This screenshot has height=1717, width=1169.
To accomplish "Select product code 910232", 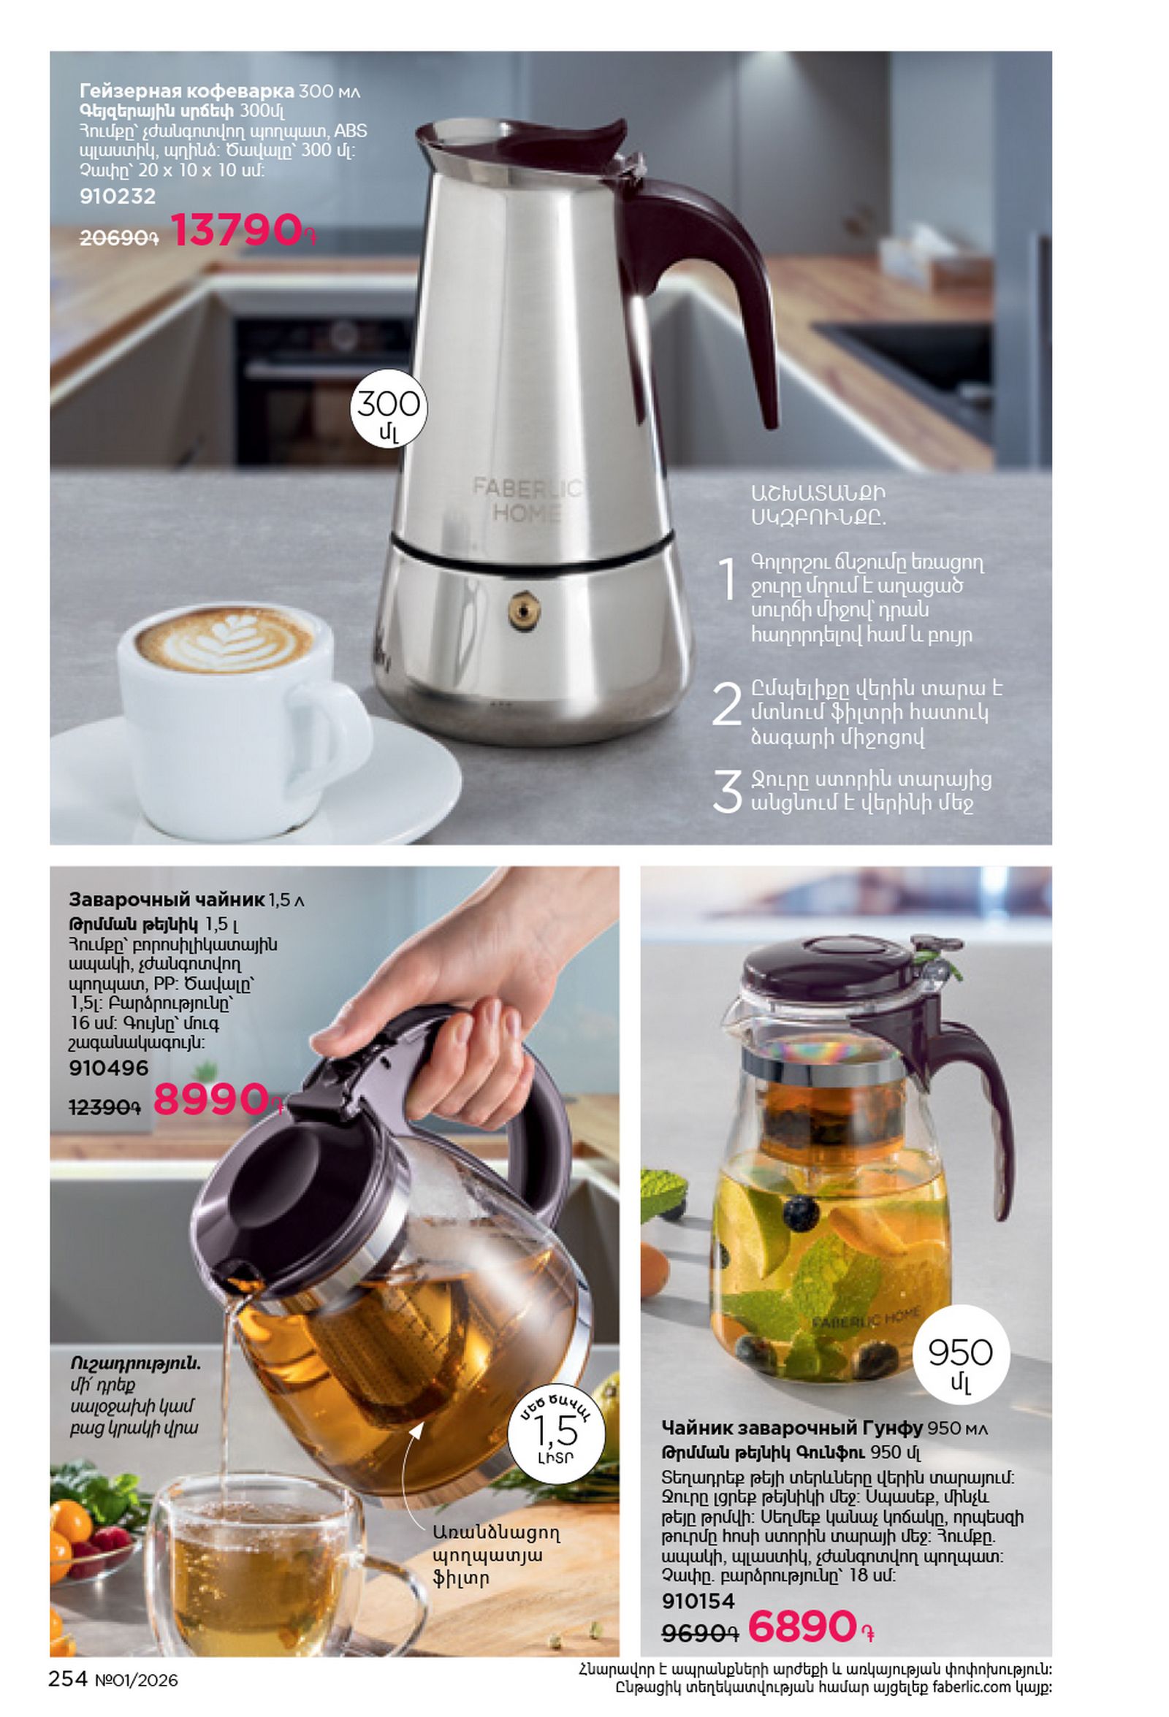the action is pyautogui.click(x=118, y=196).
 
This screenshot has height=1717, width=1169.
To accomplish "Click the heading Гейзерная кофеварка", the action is pyautogui.click(x=187, y=91).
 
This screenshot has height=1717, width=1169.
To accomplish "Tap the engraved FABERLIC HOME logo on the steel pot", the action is pyautogui.click(x=526, y=500).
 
